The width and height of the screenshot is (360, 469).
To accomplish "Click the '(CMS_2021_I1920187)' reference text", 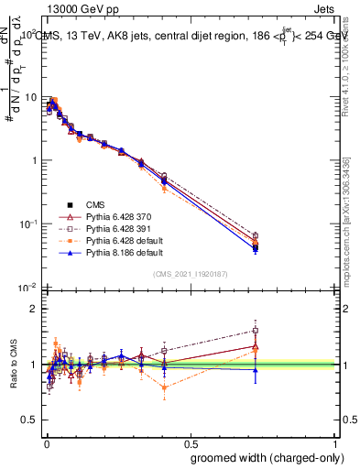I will click(190, 272).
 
